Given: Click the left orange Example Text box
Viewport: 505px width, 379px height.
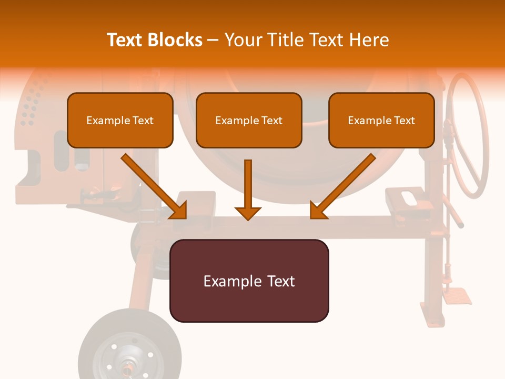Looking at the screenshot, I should pos(120,120).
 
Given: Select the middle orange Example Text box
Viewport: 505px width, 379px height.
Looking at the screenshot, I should pos(249,120).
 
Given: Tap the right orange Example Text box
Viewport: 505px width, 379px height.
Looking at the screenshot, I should pos(381,120).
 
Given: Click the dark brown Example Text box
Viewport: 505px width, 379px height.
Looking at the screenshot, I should pos(249,281).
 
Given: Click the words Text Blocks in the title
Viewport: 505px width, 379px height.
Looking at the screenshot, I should pos(155,40).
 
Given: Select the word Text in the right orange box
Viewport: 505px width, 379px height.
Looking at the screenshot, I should pos(405,121).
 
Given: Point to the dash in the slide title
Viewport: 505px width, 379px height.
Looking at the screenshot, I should pos(213,40).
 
